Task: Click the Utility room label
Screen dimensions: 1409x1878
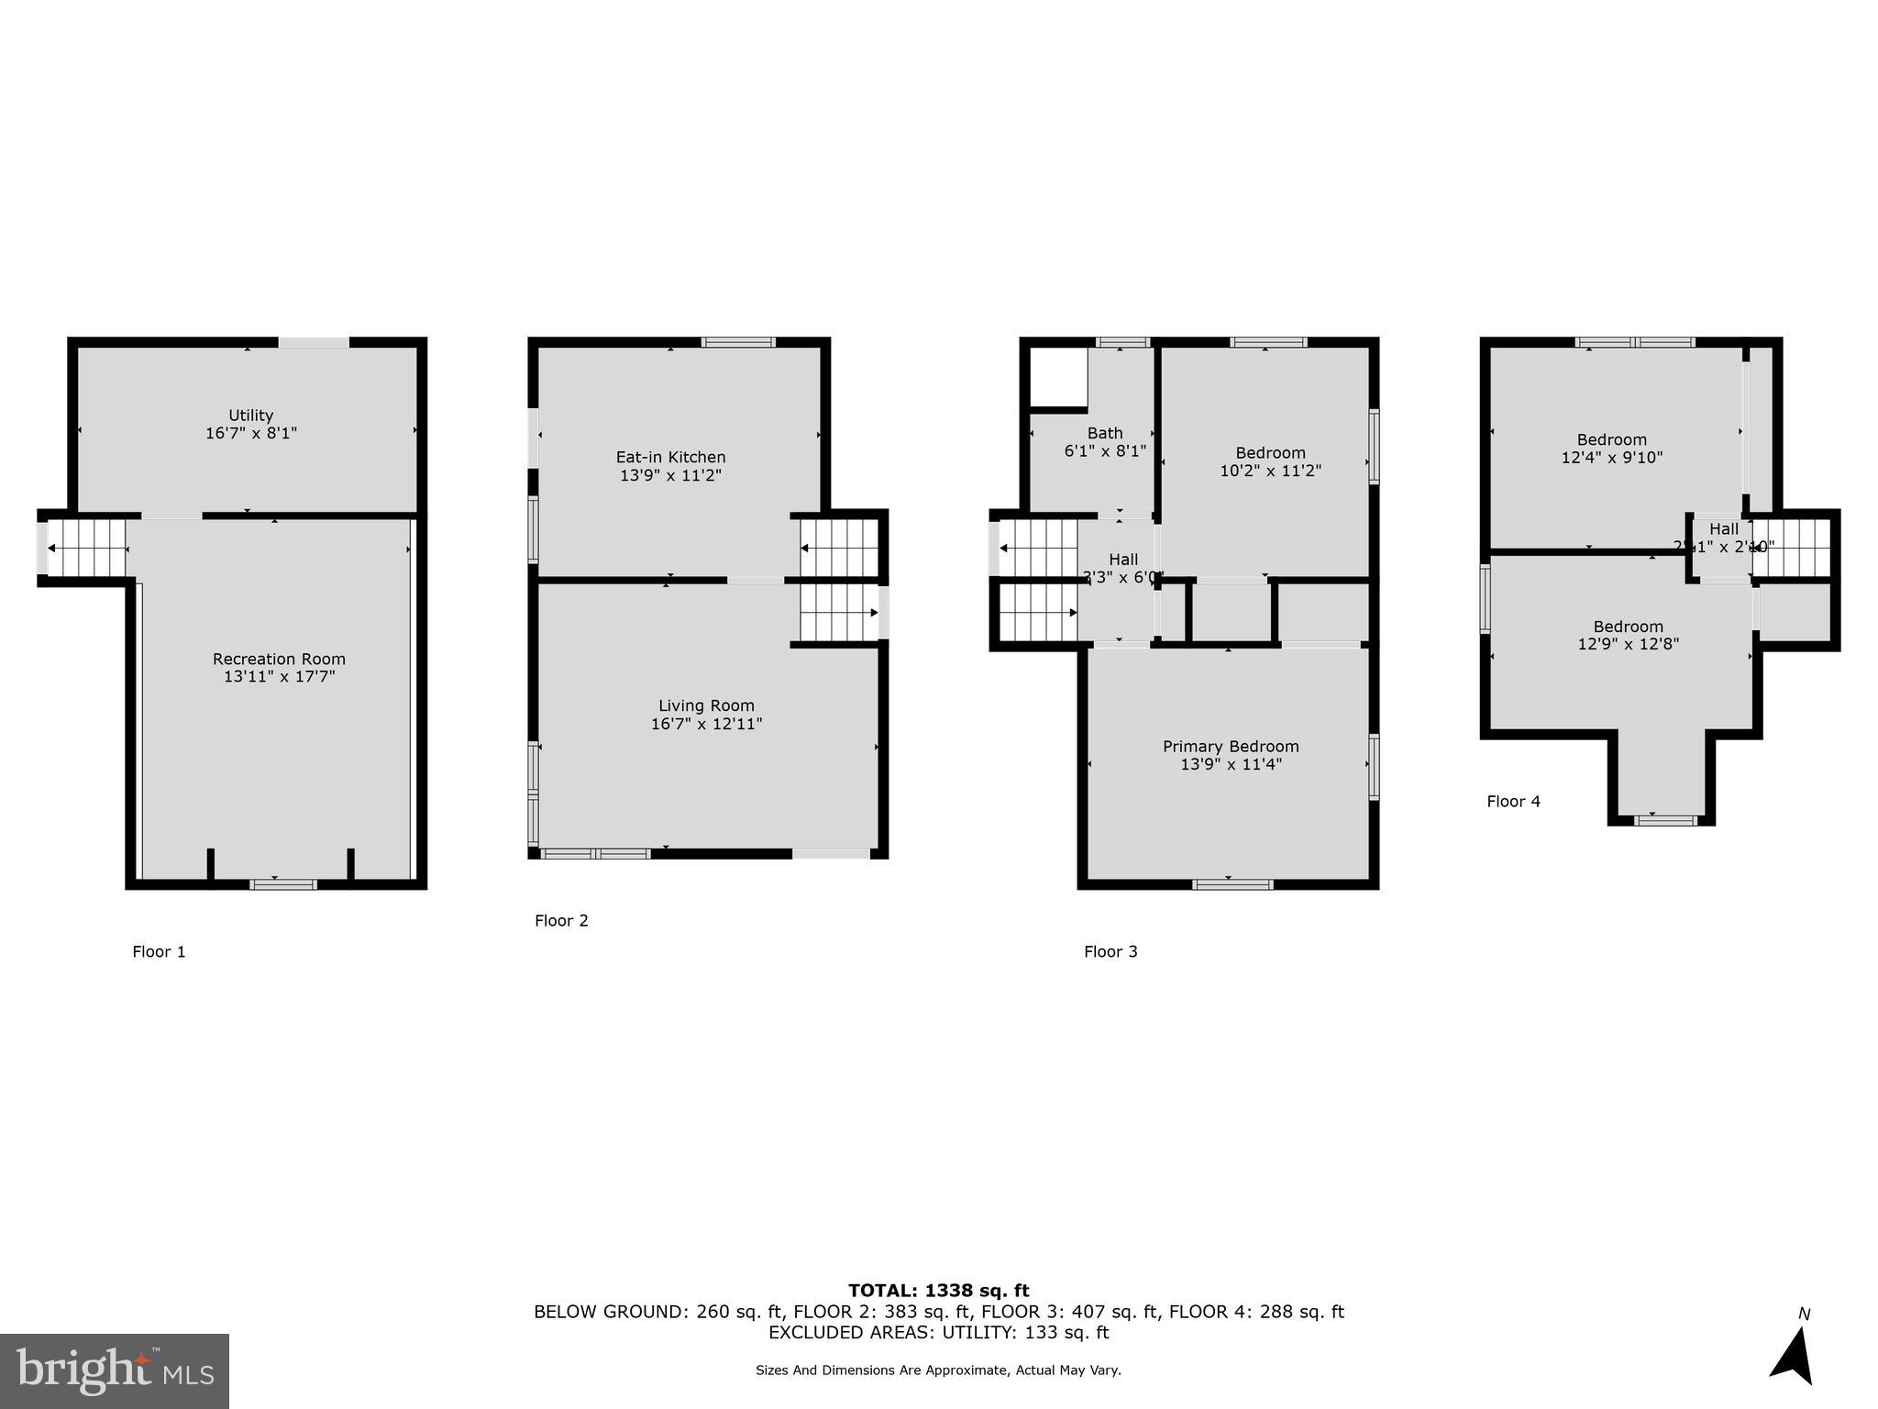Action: (250, 416)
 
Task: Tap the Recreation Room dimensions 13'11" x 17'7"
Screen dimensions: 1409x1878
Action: (279, 677)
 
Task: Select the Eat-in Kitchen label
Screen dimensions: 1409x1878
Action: (670, 457)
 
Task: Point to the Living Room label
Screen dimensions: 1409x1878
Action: (706, 705)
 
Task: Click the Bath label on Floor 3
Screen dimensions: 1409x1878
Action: (1105, 433)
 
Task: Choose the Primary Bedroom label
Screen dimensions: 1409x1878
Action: (1231, 747)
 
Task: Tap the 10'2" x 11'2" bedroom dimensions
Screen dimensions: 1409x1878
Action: (1270, 471)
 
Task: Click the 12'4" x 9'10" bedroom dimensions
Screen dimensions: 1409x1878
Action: (1611, 457)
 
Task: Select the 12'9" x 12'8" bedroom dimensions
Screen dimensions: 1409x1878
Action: (1628, 644)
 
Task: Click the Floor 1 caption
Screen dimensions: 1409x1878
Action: (159, 951)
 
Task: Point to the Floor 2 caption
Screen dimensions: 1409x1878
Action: (561, 920)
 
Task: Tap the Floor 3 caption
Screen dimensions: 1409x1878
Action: (1110, 951)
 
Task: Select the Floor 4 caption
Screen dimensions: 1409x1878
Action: (1513, 801)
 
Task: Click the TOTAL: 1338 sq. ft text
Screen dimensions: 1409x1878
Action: (938, 1291)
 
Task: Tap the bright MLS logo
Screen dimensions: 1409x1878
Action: (115, 1370)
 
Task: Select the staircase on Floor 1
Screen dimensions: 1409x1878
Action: (87, 549)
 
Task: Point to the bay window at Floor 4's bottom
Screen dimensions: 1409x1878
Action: (1665, 819)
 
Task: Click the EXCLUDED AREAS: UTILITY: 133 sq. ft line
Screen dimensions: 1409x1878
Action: (938, 1332)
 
